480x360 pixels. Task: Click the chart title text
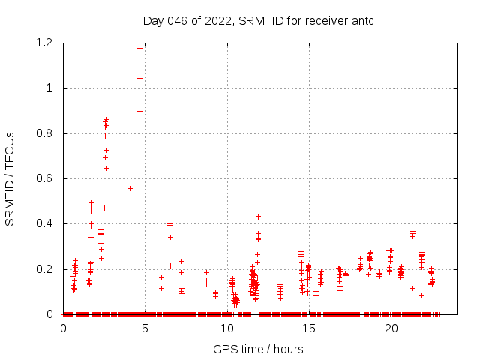tap(258, 20)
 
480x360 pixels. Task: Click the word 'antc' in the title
tap(360, 20)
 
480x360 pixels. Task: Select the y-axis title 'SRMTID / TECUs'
tap(10, 178)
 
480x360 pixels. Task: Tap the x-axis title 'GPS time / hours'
tap(258, 349)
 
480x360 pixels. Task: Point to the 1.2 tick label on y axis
tap(43, 43)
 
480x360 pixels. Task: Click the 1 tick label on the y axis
tap(49, 88)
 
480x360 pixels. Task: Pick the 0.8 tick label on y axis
tap(43, 133)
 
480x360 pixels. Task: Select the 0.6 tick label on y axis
tap(43, 178)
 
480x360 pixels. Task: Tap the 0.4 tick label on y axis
tap(43, 223)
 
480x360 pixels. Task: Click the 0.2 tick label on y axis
tap(43, 268)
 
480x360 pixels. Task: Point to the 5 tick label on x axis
tap(145, 328)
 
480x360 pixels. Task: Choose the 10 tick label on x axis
tap(227, 328)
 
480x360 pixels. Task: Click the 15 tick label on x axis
tap(310, 328)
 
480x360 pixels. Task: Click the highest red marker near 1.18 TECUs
tap(139, 48)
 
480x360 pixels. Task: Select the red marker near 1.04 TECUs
tap(139, 78)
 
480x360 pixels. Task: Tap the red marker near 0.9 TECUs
tap(139, 111)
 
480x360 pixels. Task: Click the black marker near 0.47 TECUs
tap(105, 208)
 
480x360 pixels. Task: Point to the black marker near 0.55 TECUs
tap(130, 188)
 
